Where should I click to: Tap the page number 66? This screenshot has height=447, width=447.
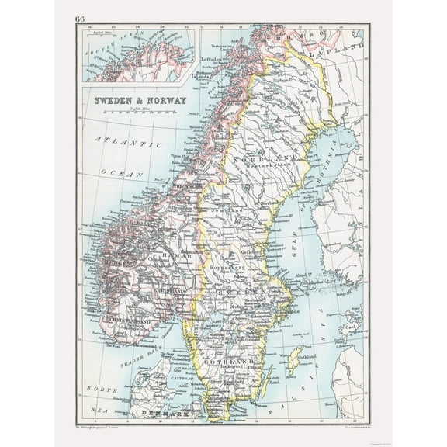[x=81, y=18]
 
